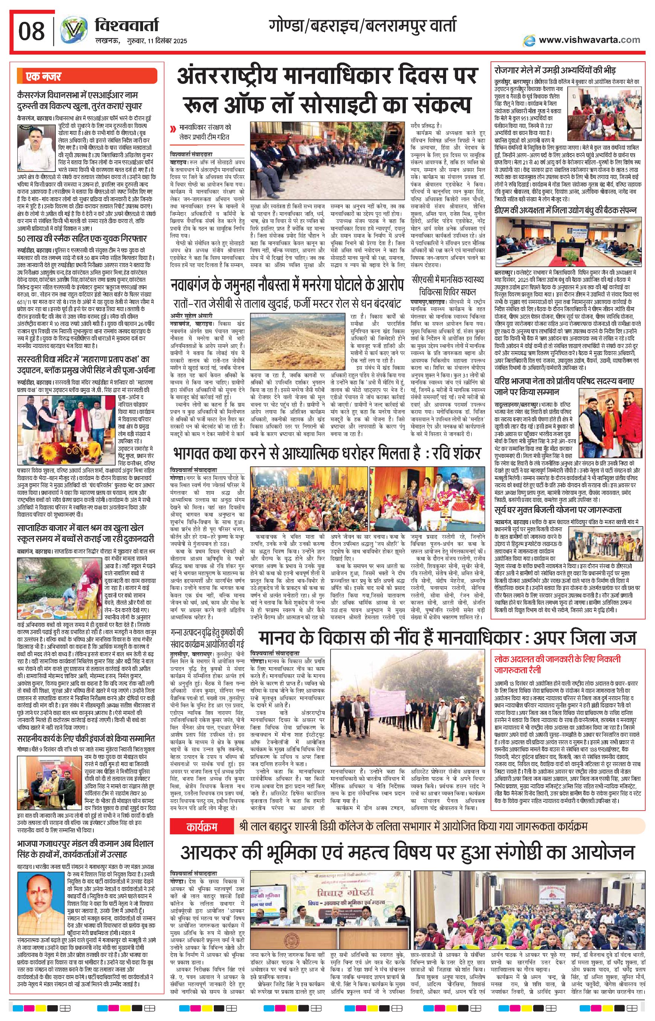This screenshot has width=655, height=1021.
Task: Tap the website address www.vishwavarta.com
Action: tap(589, 40)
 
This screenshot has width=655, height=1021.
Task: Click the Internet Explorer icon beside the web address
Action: tap(530, 40)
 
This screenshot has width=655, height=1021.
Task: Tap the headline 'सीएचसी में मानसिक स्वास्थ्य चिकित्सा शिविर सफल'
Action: tap(448, 286)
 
